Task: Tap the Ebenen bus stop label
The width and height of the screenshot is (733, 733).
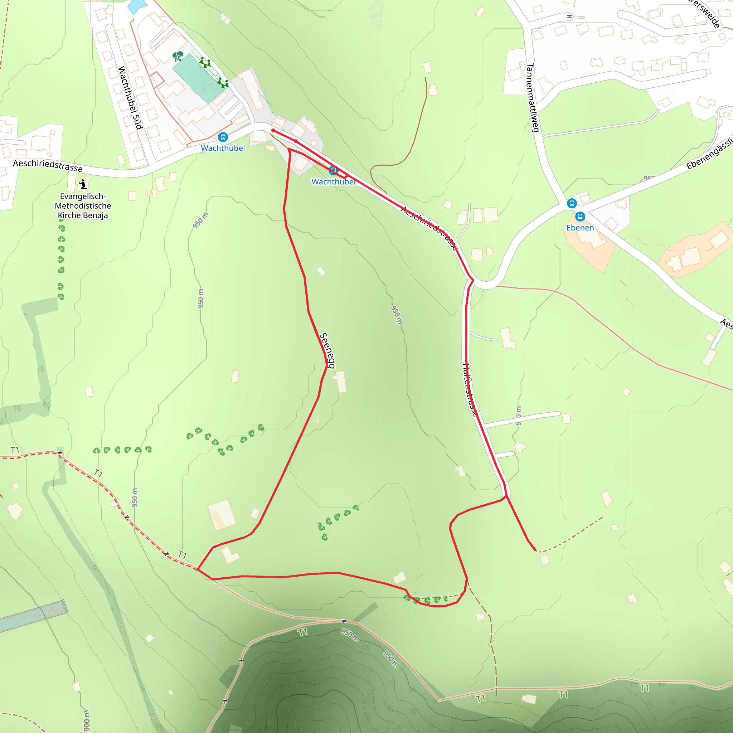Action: [580, 228]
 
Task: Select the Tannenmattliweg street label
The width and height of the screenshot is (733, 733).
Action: [532, 98]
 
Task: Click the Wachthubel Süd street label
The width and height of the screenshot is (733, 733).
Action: [130, 97]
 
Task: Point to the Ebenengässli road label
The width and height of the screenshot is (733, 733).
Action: [709, 154]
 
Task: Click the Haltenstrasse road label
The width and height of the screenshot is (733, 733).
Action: [469, 390]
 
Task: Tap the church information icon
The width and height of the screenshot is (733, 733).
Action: [83, 185]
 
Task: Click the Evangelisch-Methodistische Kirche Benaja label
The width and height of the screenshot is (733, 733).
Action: [83, 206]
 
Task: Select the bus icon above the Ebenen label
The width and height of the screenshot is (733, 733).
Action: [580, 217]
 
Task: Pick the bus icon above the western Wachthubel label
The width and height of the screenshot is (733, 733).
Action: [223, 137]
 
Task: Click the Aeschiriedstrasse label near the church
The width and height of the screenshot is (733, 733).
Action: [48, 165]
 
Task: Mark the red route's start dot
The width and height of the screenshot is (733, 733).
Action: [273, 131]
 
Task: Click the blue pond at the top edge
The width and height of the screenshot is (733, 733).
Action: [137, 6]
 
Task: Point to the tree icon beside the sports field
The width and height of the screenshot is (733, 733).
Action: [178, 57]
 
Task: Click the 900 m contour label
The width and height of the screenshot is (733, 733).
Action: [87, 720]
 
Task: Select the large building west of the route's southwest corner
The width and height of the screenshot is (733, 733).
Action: [222, 514]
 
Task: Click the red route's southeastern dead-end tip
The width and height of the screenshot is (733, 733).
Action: [535, 550]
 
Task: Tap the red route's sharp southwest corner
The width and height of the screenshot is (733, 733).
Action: [198, 569]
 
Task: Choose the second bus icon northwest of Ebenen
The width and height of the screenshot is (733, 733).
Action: [571, 203]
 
